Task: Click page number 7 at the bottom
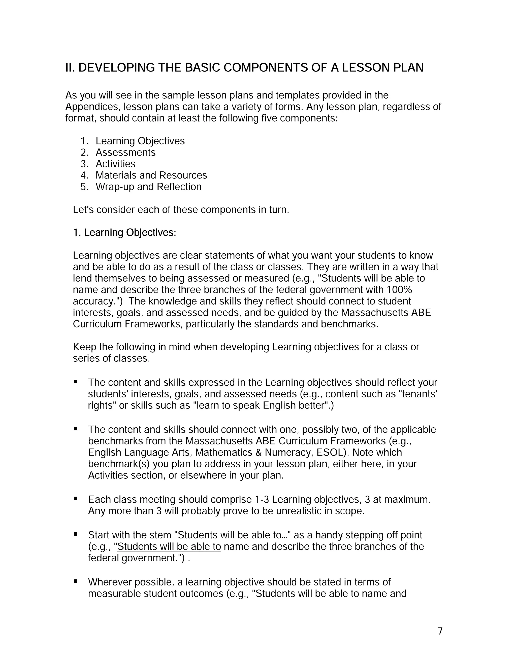[440, 631]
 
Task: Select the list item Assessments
[125, 152]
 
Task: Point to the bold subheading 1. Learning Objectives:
[124, 233]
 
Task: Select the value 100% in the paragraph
[399, 290]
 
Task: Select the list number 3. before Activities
[84, 164]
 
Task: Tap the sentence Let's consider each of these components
[181, 210]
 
